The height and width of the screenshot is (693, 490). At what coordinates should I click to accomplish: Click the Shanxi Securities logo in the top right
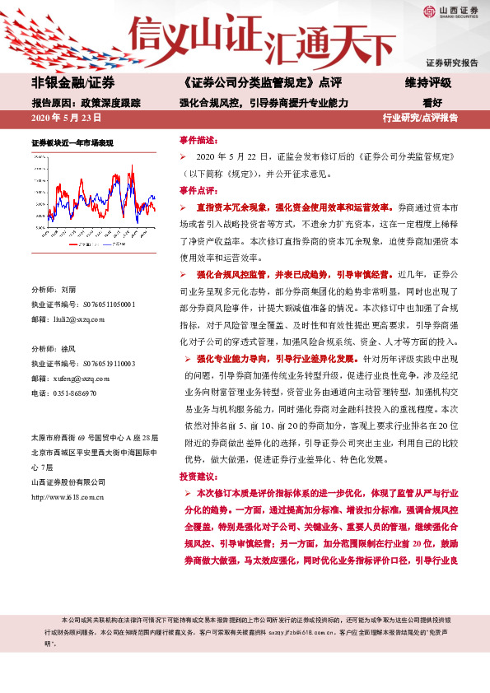pyautogui.click(x=451, y=12)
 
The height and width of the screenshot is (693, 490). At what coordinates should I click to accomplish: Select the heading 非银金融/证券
pyautogui.click(x=73, y=83)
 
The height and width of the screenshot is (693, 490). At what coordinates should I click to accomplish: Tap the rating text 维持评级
pyautogui.click(x=427, y=83)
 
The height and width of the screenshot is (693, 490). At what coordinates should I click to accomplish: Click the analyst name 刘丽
pyautogui.click(x=68, y=291)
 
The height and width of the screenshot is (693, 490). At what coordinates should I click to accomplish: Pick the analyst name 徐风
pyautogui.click(x=68, y=350)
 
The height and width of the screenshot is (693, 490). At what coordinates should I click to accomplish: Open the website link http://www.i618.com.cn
pyautogui.click(x=68, y=496)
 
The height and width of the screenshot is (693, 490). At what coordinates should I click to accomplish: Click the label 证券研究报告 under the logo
pyautogui.click(x=451, y=63)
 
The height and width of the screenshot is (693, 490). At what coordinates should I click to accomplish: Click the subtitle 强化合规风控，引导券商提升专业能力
pyautogui.click(x=264, y=103)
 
